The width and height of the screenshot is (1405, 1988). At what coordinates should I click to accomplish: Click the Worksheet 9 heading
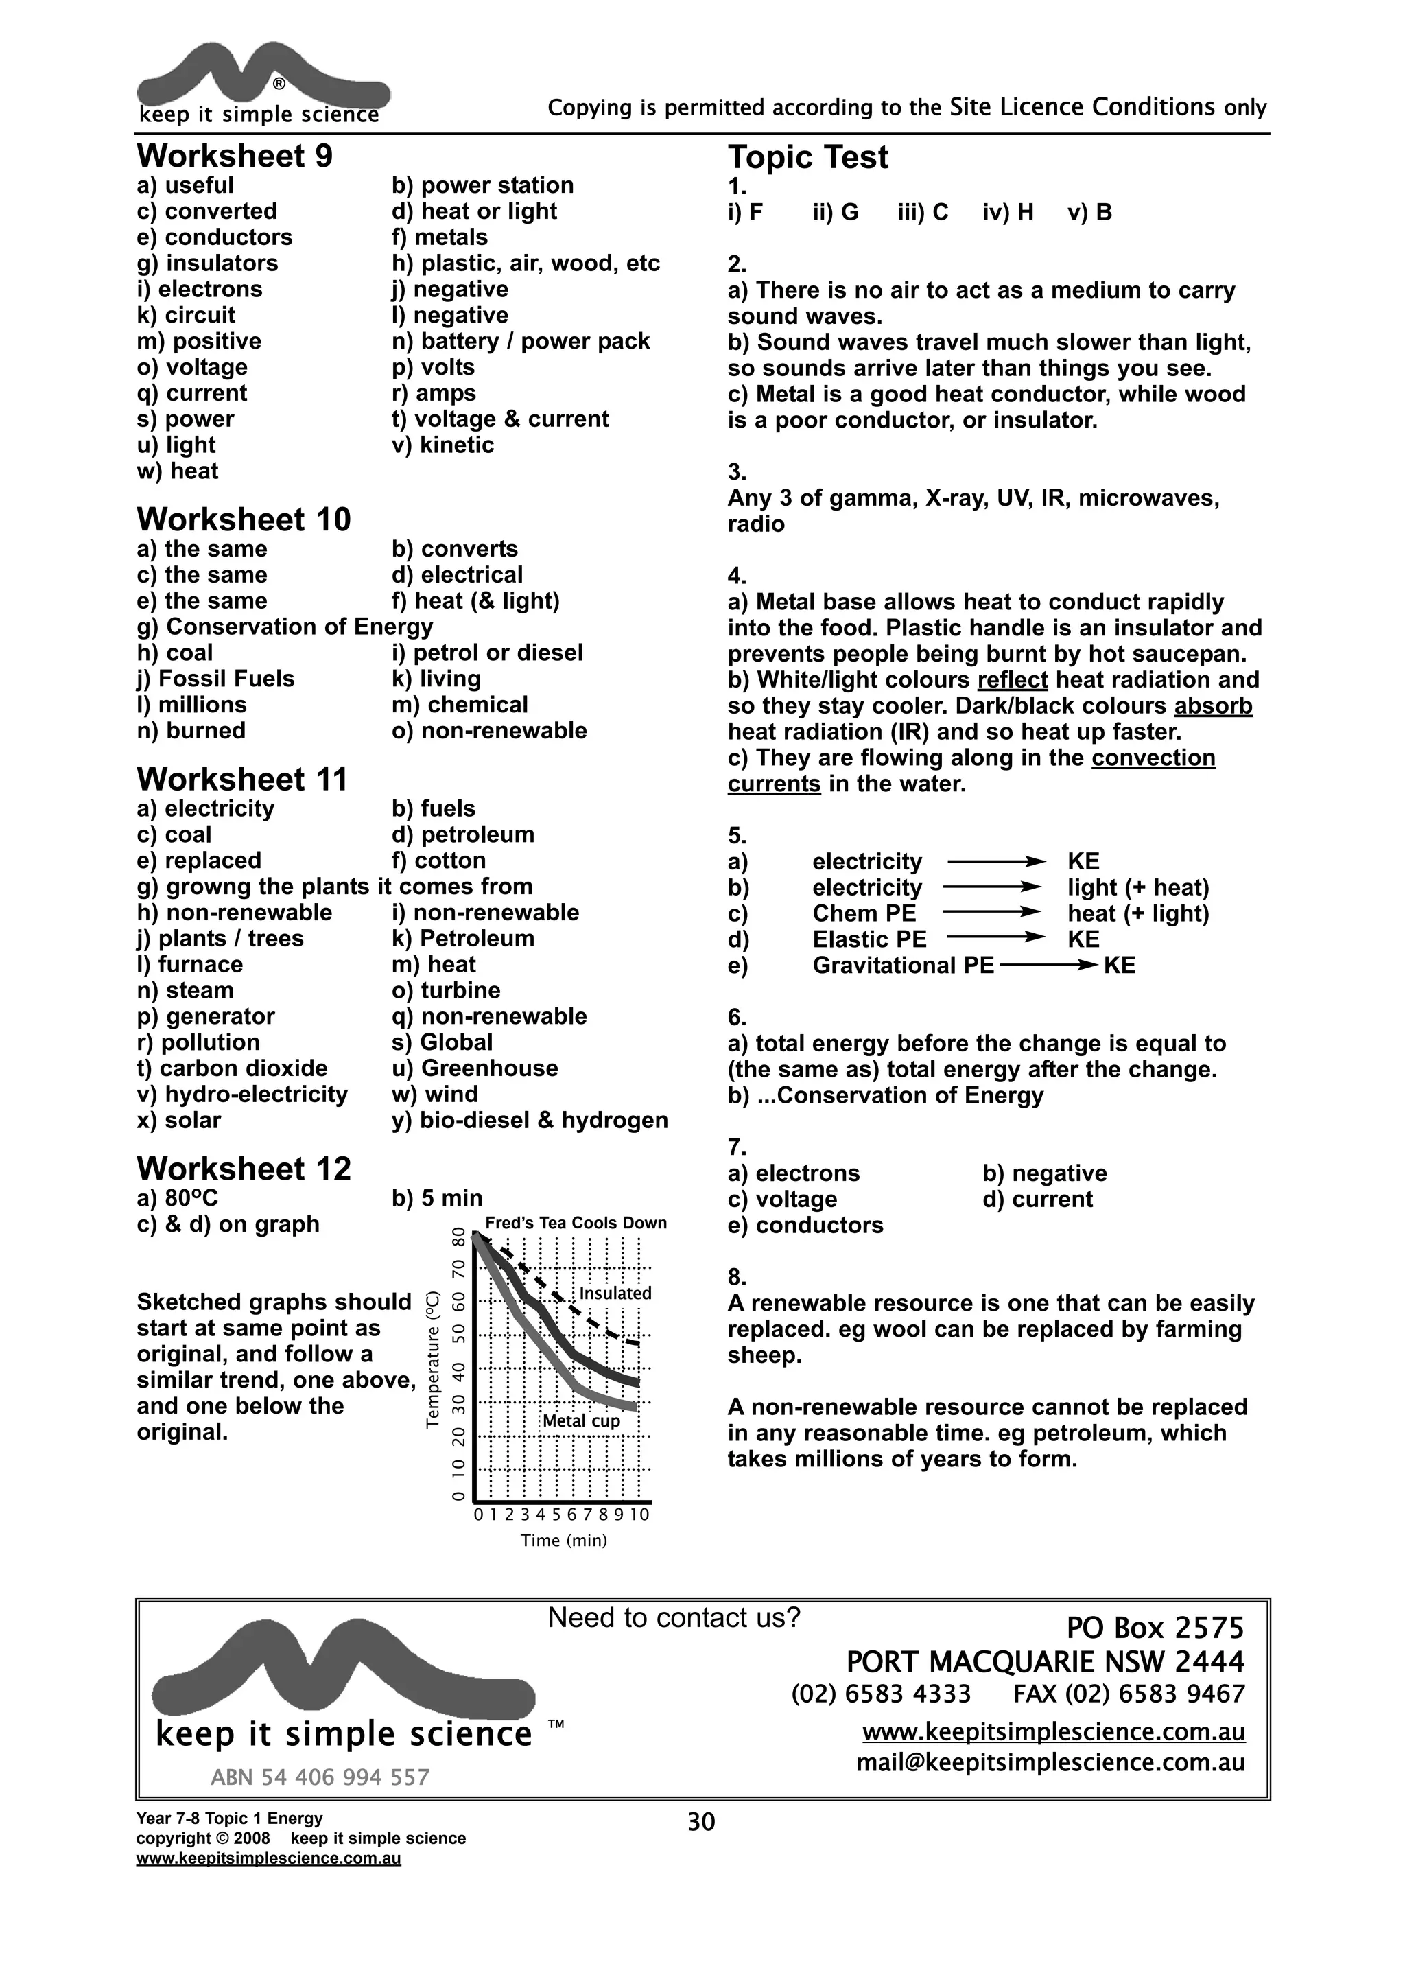pos(235,156)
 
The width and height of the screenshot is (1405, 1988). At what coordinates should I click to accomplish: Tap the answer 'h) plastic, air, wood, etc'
pos(526,264)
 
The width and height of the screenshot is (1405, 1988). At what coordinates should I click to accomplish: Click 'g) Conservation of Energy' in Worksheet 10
pos(285,627)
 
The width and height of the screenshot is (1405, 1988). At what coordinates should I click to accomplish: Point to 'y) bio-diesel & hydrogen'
pos(529,1121)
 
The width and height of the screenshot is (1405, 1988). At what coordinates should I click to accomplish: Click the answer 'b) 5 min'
pos(436,1198)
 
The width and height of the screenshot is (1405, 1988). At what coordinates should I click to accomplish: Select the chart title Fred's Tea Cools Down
pos(576,1223)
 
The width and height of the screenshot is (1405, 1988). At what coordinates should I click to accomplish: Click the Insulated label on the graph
pos(615,1294)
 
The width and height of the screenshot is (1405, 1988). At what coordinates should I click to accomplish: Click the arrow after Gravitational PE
pos(1048,966)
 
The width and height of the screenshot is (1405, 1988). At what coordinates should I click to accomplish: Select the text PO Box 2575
pos(1155,1628)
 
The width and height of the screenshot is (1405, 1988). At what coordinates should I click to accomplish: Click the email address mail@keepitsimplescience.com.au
pos(1050,1763)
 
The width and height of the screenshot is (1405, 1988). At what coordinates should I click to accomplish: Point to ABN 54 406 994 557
pos(320,1777)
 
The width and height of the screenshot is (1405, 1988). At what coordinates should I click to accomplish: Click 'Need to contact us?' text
pos(674,1617)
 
